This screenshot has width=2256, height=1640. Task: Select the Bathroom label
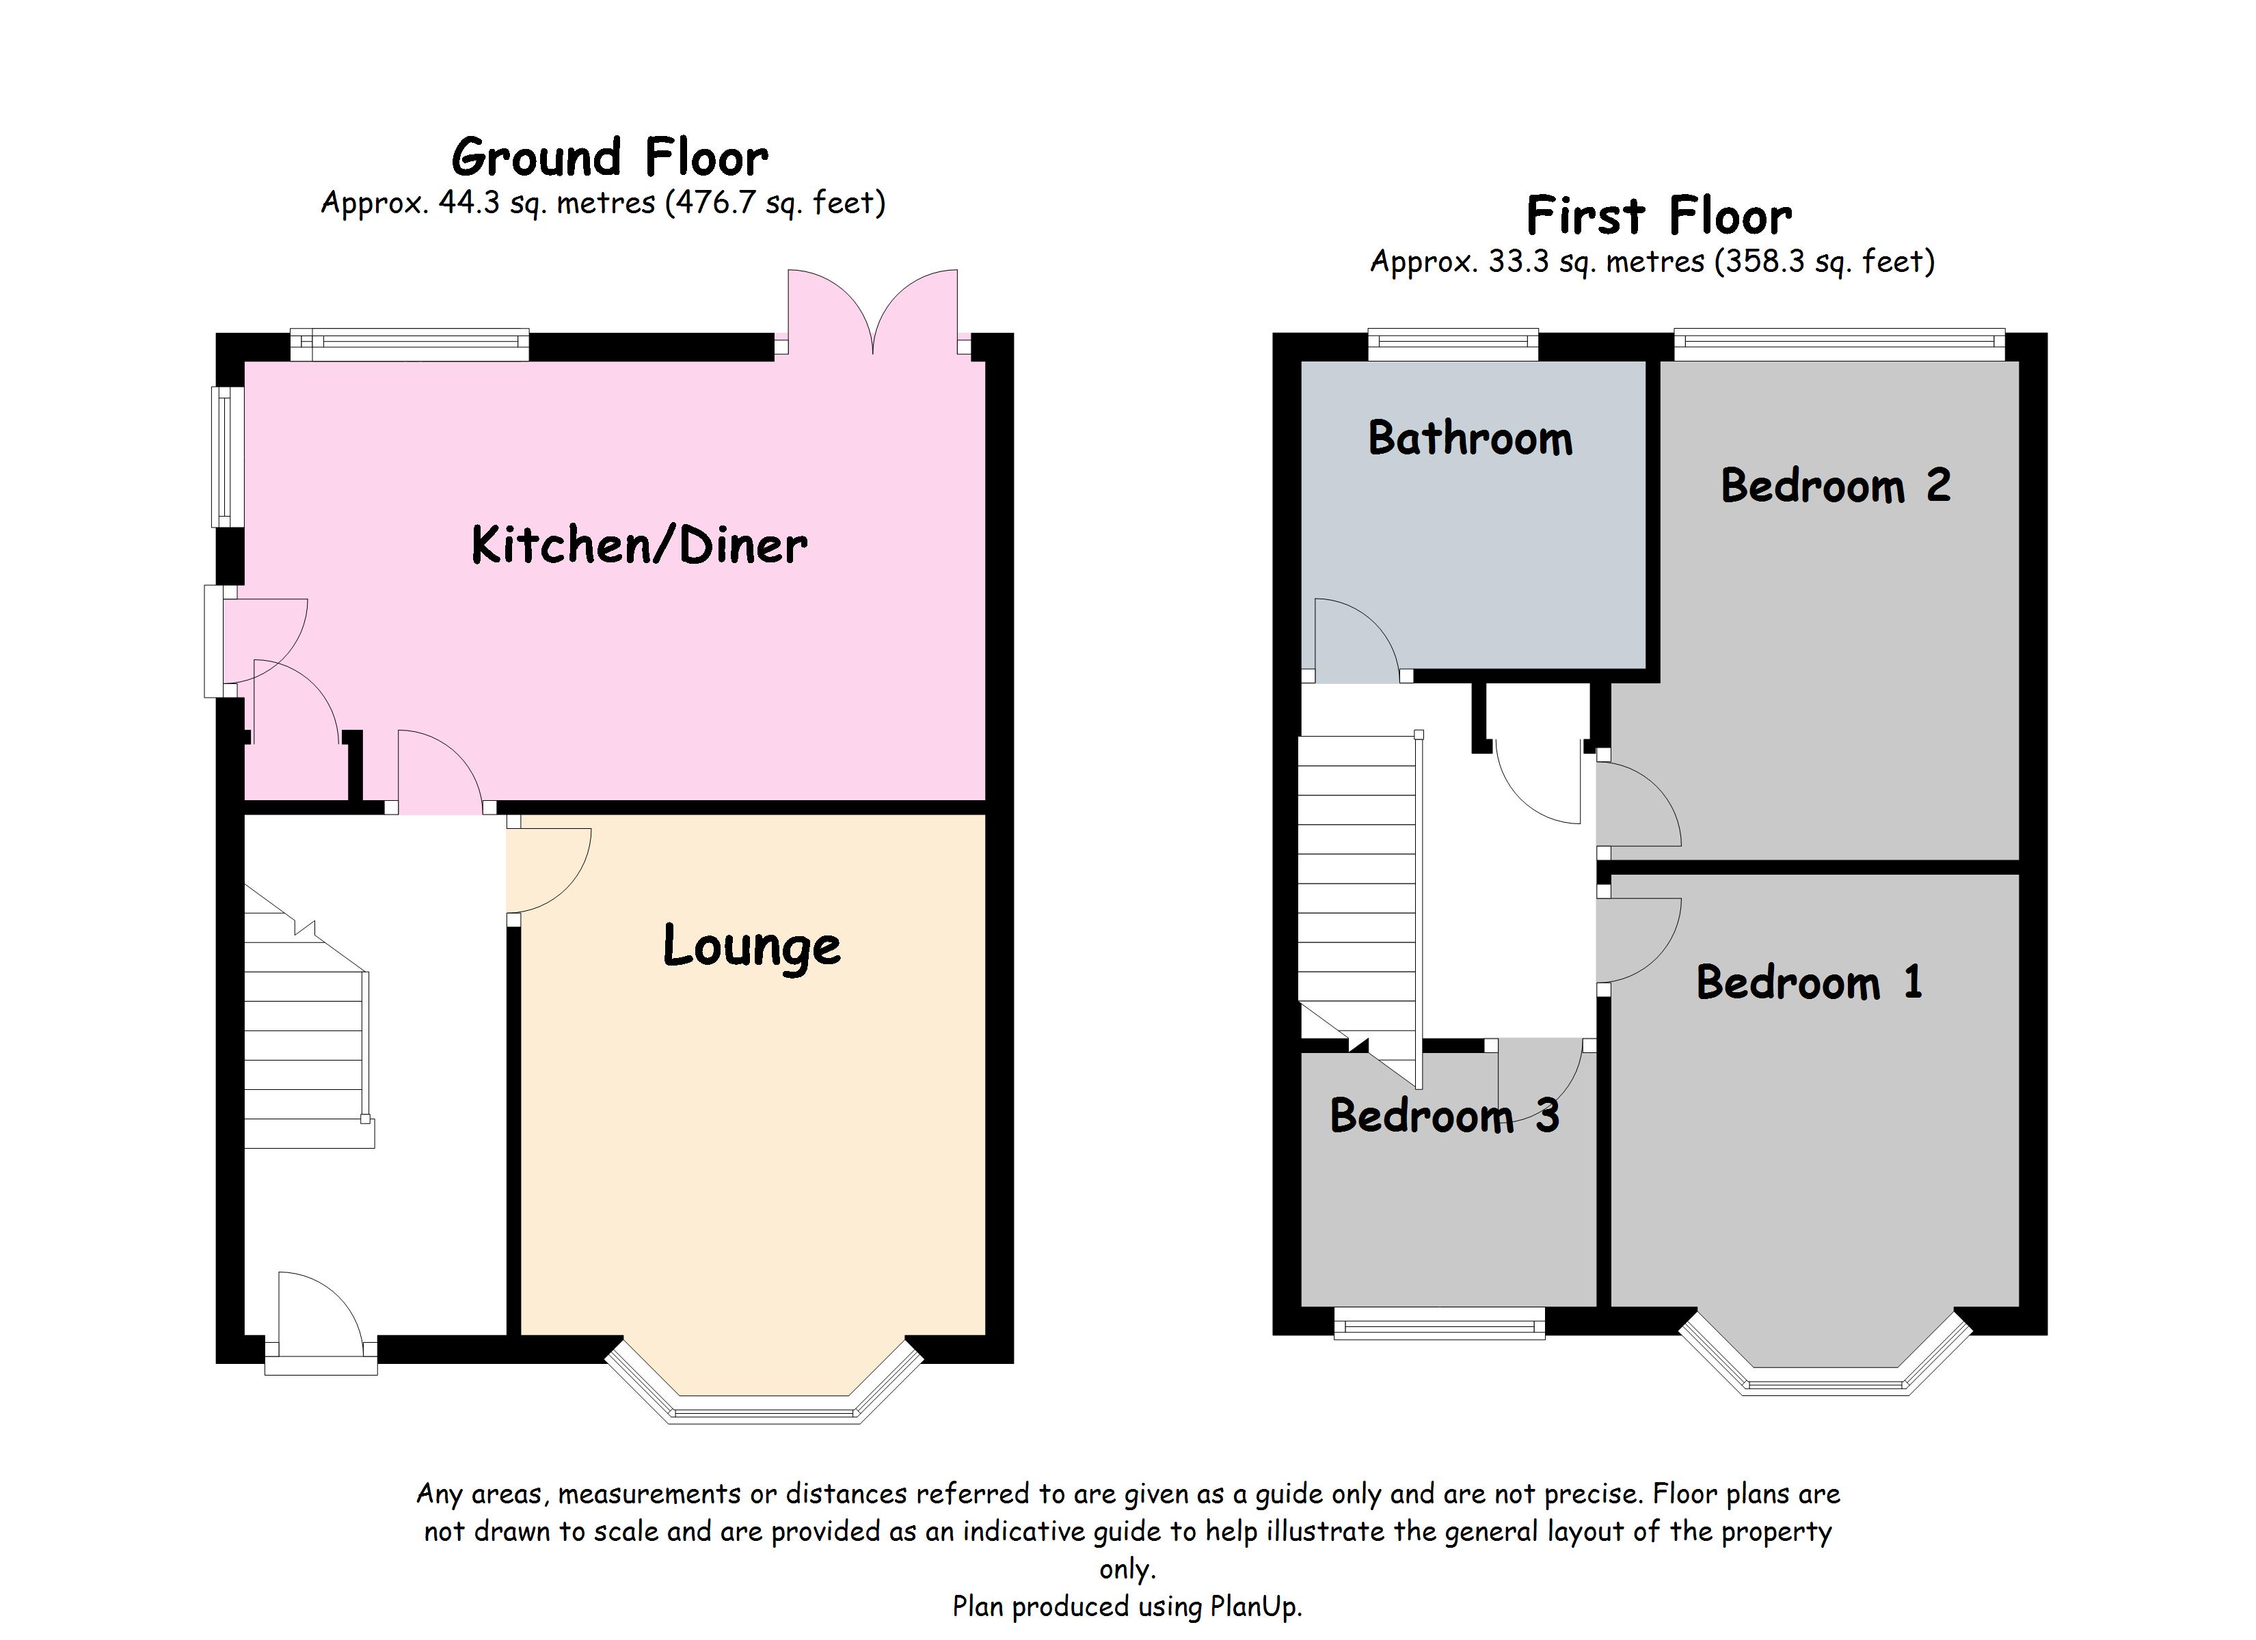[x=1471, y=439]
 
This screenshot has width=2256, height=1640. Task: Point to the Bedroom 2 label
[x=1836, y=487]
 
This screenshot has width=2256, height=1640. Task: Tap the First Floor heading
[x=1659, y=216]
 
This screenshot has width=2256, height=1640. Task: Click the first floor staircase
[x=1358, y=885]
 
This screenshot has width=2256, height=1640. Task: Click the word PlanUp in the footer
[x=1254, y=1607]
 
